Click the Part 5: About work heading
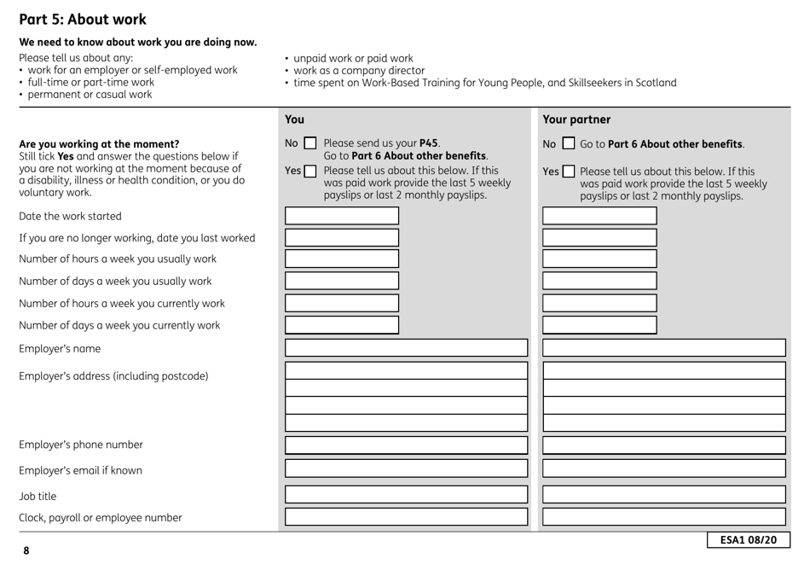(x=83, y=19)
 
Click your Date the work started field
(x=341, y=216)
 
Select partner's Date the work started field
(x=599, y=216)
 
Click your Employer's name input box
(x=406, y=348)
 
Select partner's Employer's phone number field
(x=664, y=445)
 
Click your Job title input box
(x=406, y=494)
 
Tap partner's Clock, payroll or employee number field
(x=664, y=516)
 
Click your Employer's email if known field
(x=406, y=468)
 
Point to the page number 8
(x=26, y=551)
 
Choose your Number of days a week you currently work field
(x=341, y=324)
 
